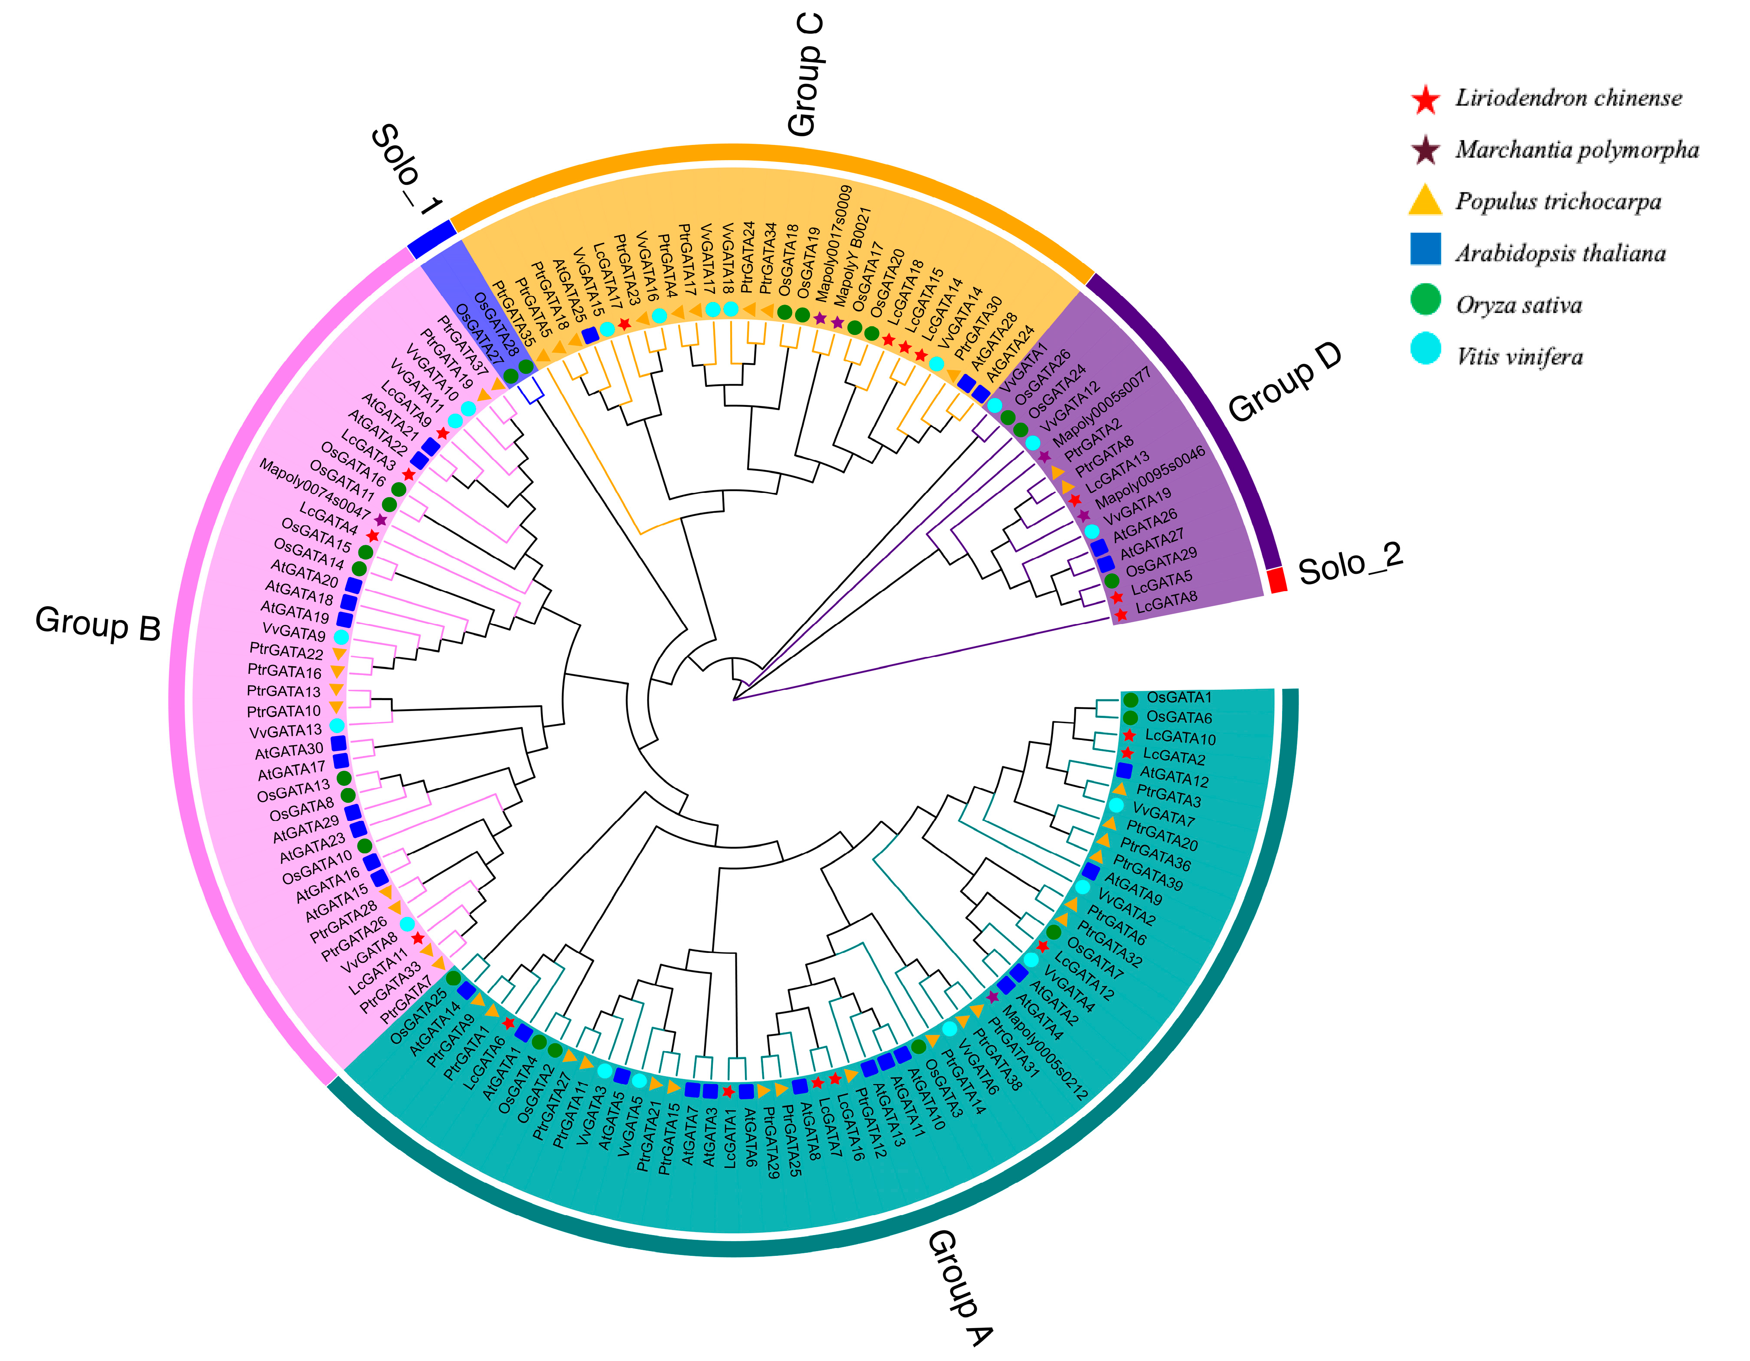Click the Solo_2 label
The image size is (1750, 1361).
click(x=1350, y=563)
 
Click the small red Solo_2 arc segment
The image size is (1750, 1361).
click(x=1277, y=579)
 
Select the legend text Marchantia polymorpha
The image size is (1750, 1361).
click(x=1576, y=150)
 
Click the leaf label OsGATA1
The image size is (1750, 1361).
click(x=1179, y=698)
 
